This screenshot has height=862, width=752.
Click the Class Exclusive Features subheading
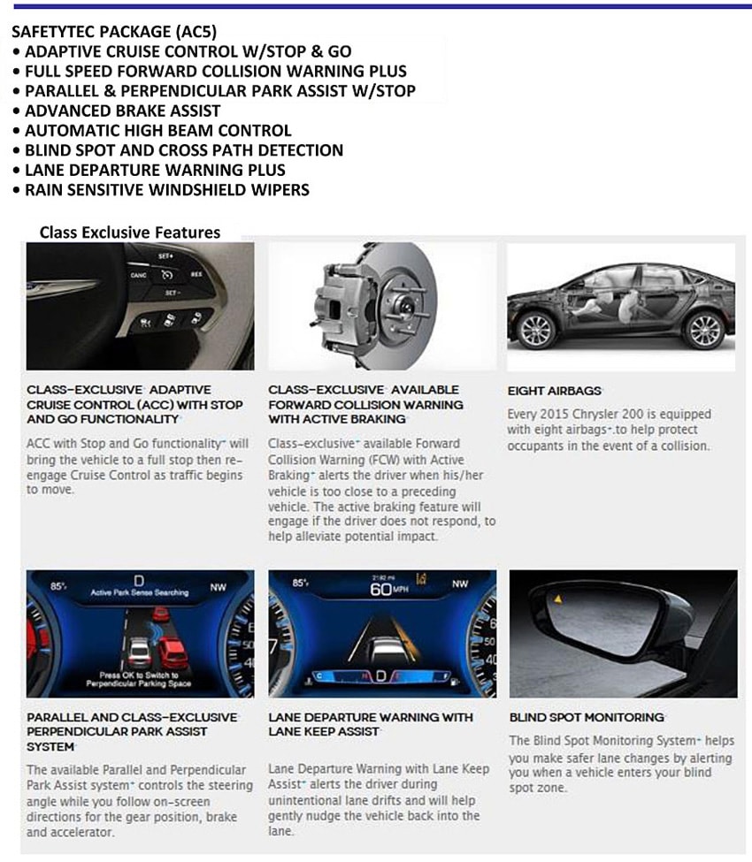pos(129,233)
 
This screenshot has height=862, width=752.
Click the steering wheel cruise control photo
pos(140,306)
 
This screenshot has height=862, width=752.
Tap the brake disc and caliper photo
pos(381,306)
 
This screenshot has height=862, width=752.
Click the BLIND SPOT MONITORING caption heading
pos(586,717)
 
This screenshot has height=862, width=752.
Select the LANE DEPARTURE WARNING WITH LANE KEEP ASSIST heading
pos(371,724)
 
